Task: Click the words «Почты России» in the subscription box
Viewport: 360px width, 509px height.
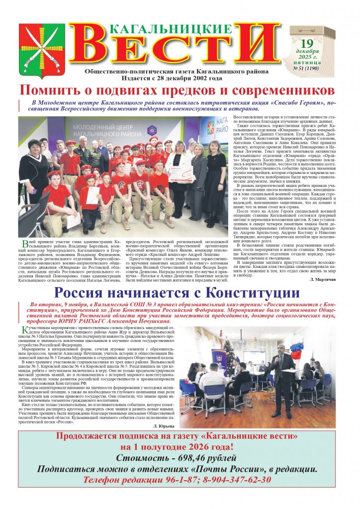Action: [x=219, y=469]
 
